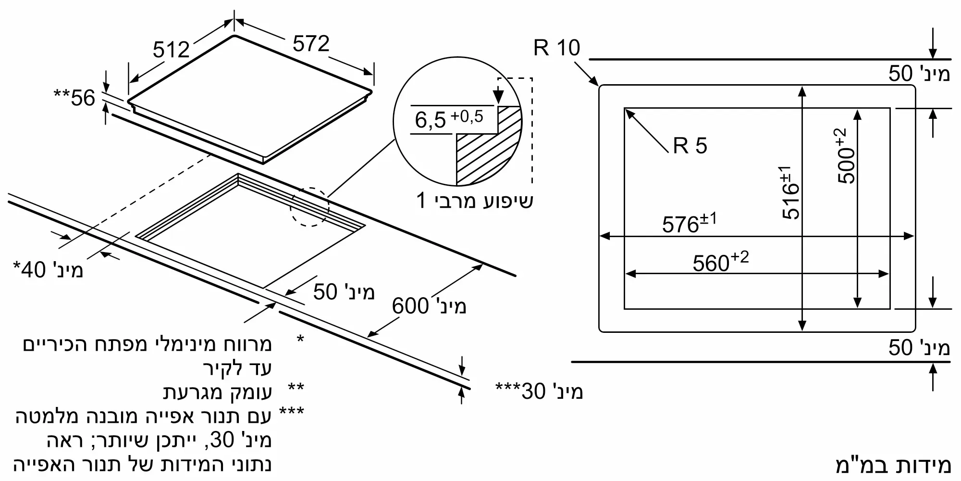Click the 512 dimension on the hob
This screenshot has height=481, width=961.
tap(171, 50)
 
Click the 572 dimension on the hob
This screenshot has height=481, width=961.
tap(311, 44)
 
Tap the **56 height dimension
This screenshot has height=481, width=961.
tap(74, 98)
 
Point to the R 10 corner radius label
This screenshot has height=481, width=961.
tap(556, 48)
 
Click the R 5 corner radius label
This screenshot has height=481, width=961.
tap(690, 145)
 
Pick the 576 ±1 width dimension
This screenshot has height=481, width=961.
tap(690, 223)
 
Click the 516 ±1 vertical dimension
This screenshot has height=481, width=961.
tap(790, 193)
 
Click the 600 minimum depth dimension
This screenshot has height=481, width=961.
tap(429, 306)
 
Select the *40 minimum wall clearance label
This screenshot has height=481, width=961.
tap(48, 270)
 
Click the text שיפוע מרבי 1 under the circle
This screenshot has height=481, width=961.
tap(475, 200)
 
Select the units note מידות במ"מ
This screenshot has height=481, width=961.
tap(893, 466)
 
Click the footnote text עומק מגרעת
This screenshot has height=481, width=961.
tap(218, 392)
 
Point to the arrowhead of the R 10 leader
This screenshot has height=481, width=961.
tap(596, 83)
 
